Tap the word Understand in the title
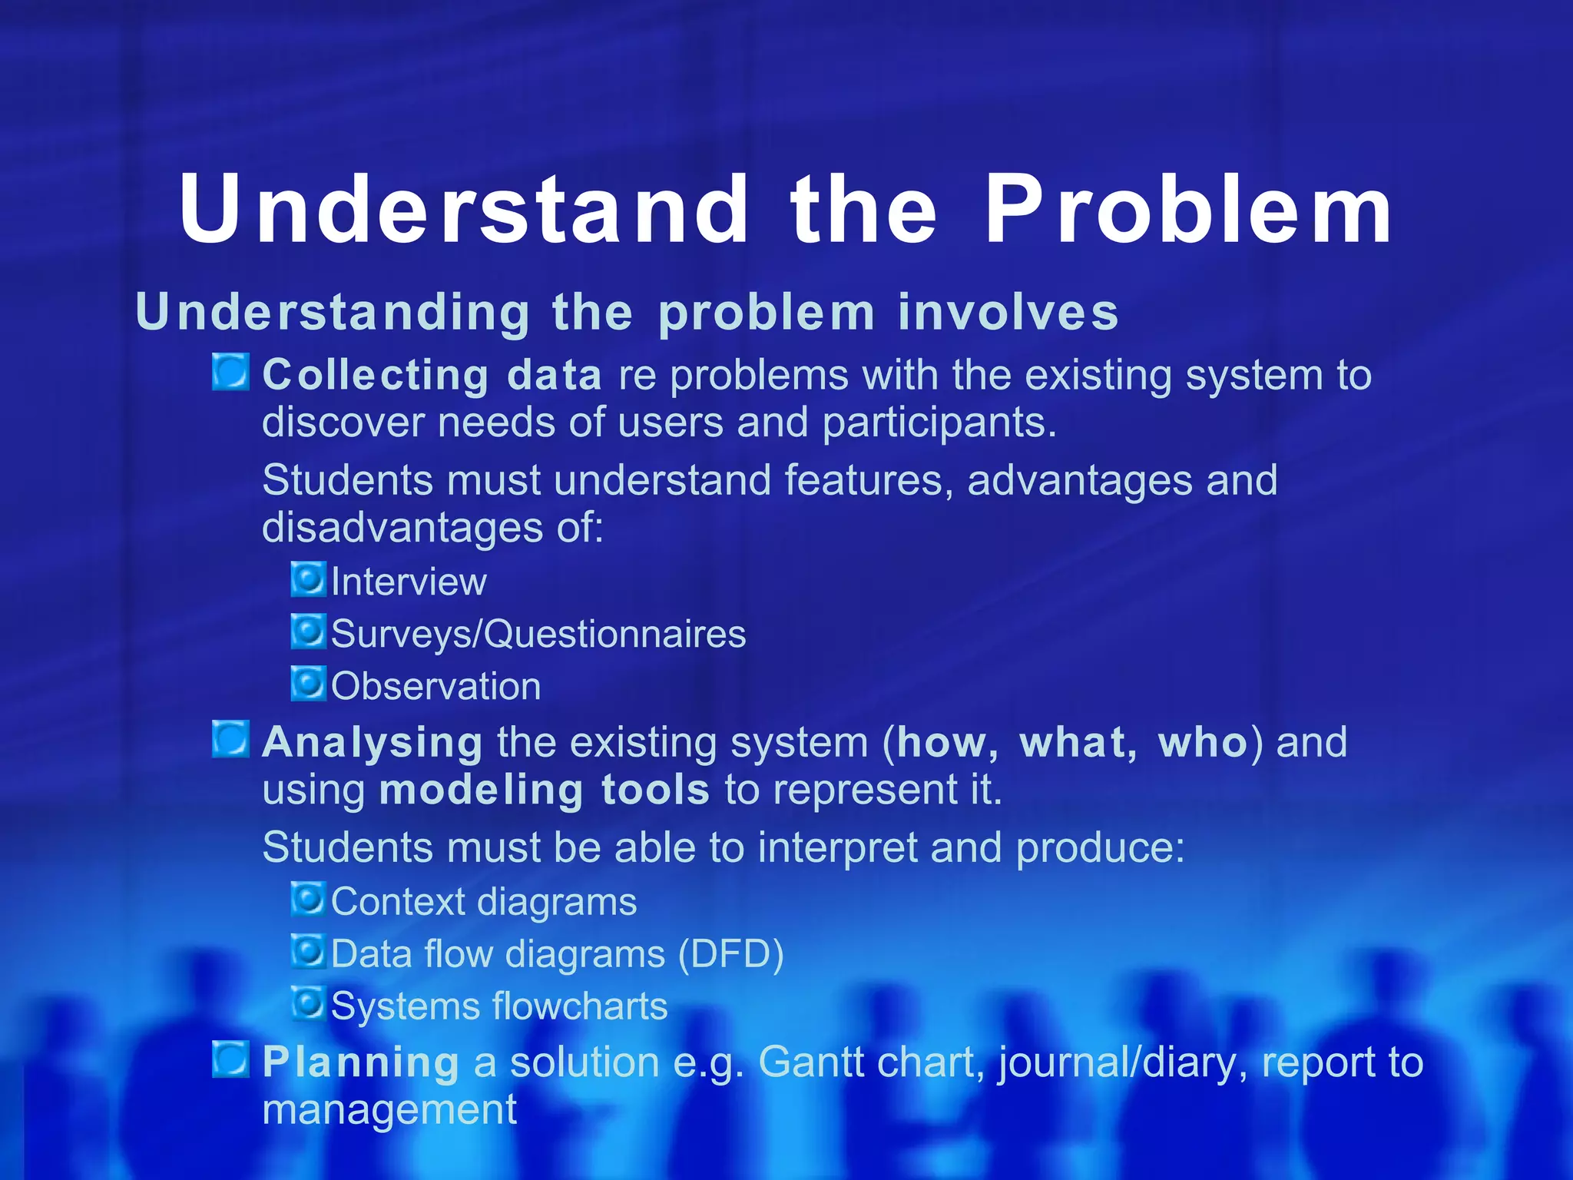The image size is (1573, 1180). coord(463,209)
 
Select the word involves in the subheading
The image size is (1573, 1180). coord(1008,313)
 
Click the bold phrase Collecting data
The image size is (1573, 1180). coord(432,376)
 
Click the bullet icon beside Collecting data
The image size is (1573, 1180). coord(230,372)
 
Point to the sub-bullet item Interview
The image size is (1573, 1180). coord(409,582)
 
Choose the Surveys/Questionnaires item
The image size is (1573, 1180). coord(538,634)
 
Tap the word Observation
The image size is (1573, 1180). coord(435,686)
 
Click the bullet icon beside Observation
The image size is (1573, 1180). coord(308,683)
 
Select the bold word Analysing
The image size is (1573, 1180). coord(373,744)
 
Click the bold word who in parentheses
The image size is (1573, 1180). coord(1203,743)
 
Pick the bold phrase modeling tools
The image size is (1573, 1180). coord(544,791)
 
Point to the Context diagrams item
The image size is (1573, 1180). coord(483,901)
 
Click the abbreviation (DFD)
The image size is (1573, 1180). coord(730,954)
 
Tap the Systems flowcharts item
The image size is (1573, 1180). coord(498,1006)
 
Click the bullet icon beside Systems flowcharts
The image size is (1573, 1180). coord(308,1003)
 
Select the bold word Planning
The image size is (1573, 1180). coord(361,1063)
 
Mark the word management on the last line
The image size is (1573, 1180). coord(389,1110)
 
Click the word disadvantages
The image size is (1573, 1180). coord(402,529)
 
